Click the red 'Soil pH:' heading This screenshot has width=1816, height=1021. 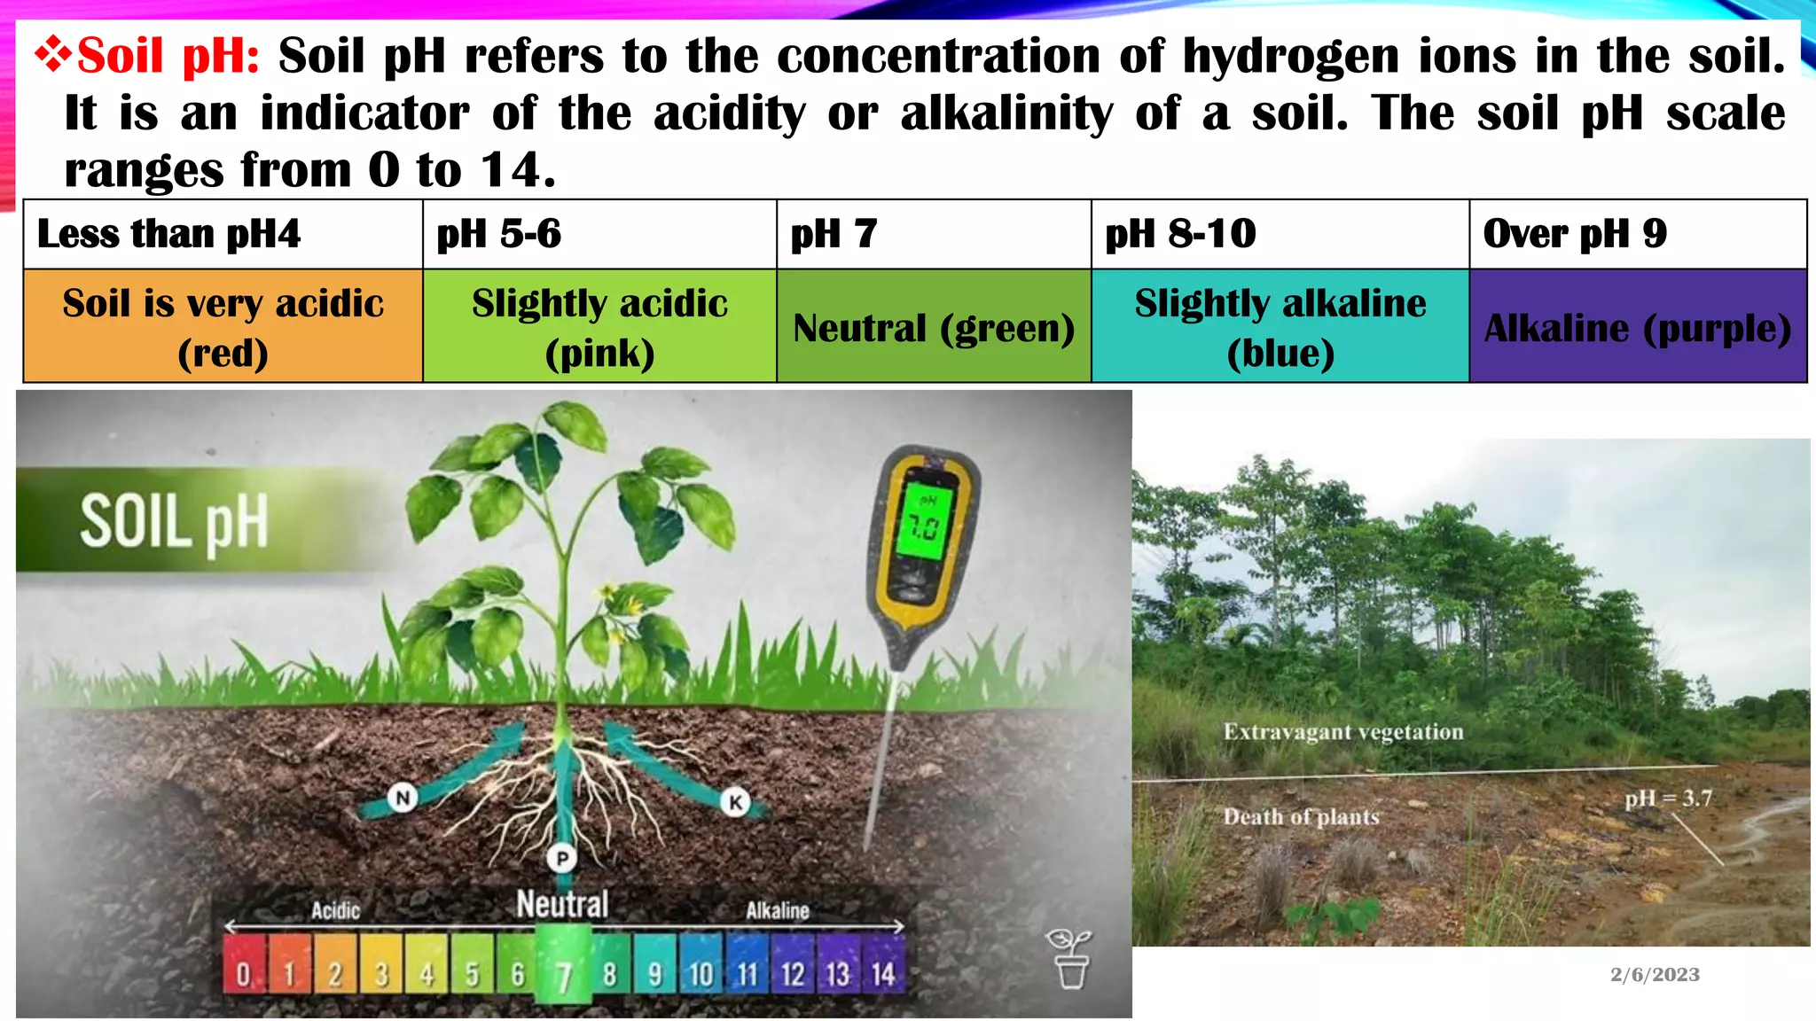pos(168,57)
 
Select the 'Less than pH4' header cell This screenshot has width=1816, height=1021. pos(223,235)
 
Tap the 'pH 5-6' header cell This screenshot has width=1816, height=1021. pos(599,235)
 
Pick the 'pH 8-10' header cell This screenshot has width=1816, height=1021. pos(1280,235)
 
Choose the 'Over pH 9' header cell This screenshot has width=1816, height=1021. pos(1637,235)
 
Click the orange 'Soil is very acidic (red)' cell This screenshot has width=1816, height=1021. pos(223,327)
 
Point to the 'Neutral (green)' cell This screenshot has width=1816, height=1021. pos(933,328)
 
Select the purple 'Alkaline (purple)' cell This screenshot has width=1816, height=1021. pos(1637,328)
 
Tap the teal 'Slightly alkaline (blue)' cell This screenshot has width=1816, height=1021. pos(1280,327)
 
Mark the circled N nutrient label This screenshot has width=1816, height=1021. pos(403,798)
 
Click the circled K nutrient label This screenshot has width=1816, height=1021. pos(735,802)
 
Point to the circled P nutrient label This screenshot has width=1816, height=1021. pos(561,858)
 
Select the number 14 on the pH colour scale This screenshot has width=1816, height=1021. pos(882,975)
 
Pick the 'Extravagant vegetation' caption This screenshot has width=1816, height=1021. pos(1342,732)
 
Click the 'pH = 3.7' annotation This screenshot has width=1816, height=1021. pos(1668,799)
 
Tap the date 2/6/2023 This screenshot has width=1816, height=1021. pos(1655,975)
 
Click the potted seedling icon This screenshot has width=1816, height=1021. pos(1070,959)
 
